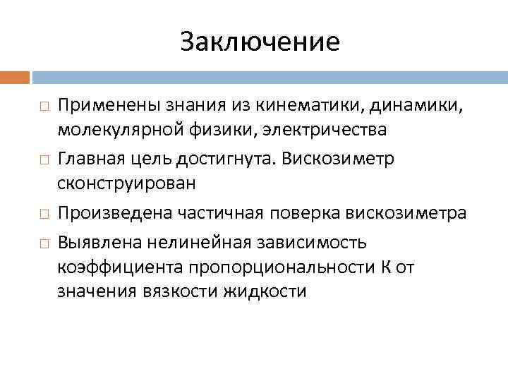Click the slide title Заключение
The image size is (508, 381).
[260, 42]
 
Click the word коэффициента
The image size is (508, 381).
[120, 267]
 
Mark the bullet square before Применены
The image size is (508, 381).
[43, 106]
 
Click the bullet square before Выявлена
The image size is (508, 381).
[43, 243]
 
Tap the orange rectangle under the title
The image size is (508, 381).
[15, 76]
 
